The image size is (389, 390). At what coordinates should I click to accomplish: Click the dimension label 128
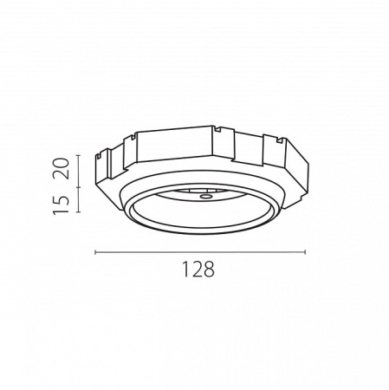click(198, 270)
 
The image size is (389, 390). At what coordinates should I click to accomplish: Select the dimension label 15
click(62, 205)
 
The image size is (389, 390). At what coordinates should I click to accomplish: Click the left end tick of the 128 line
click(95, 252)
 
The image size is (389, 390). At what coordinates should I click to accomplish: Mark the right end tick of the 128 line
click(305, 252)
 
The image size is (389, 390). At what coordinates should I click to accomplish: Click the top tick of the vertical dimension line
click(78, 155)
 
